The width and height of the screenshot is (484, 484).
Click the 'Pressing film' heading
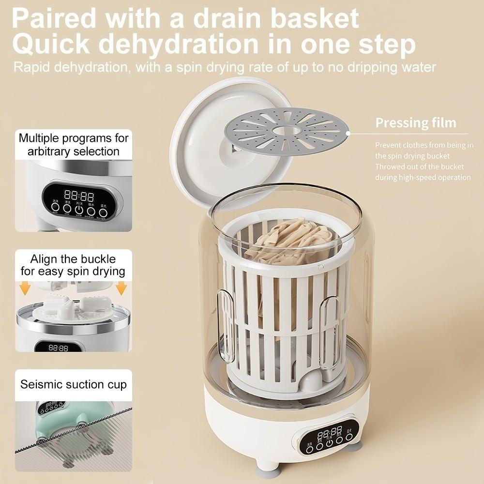[416, 122]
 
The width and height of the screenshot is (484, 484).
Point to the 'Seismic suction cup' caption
[74, 385]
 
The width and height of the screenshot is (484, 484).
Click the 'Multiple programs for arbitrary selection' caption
[74, 144]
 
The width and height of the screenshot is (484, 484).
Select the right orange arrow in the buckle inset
[121, 289]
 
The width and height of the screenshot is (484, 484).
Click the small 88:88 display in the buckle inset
[59, 348]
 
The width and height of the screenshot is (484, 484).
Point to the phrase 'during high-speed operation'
[423, 177]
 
